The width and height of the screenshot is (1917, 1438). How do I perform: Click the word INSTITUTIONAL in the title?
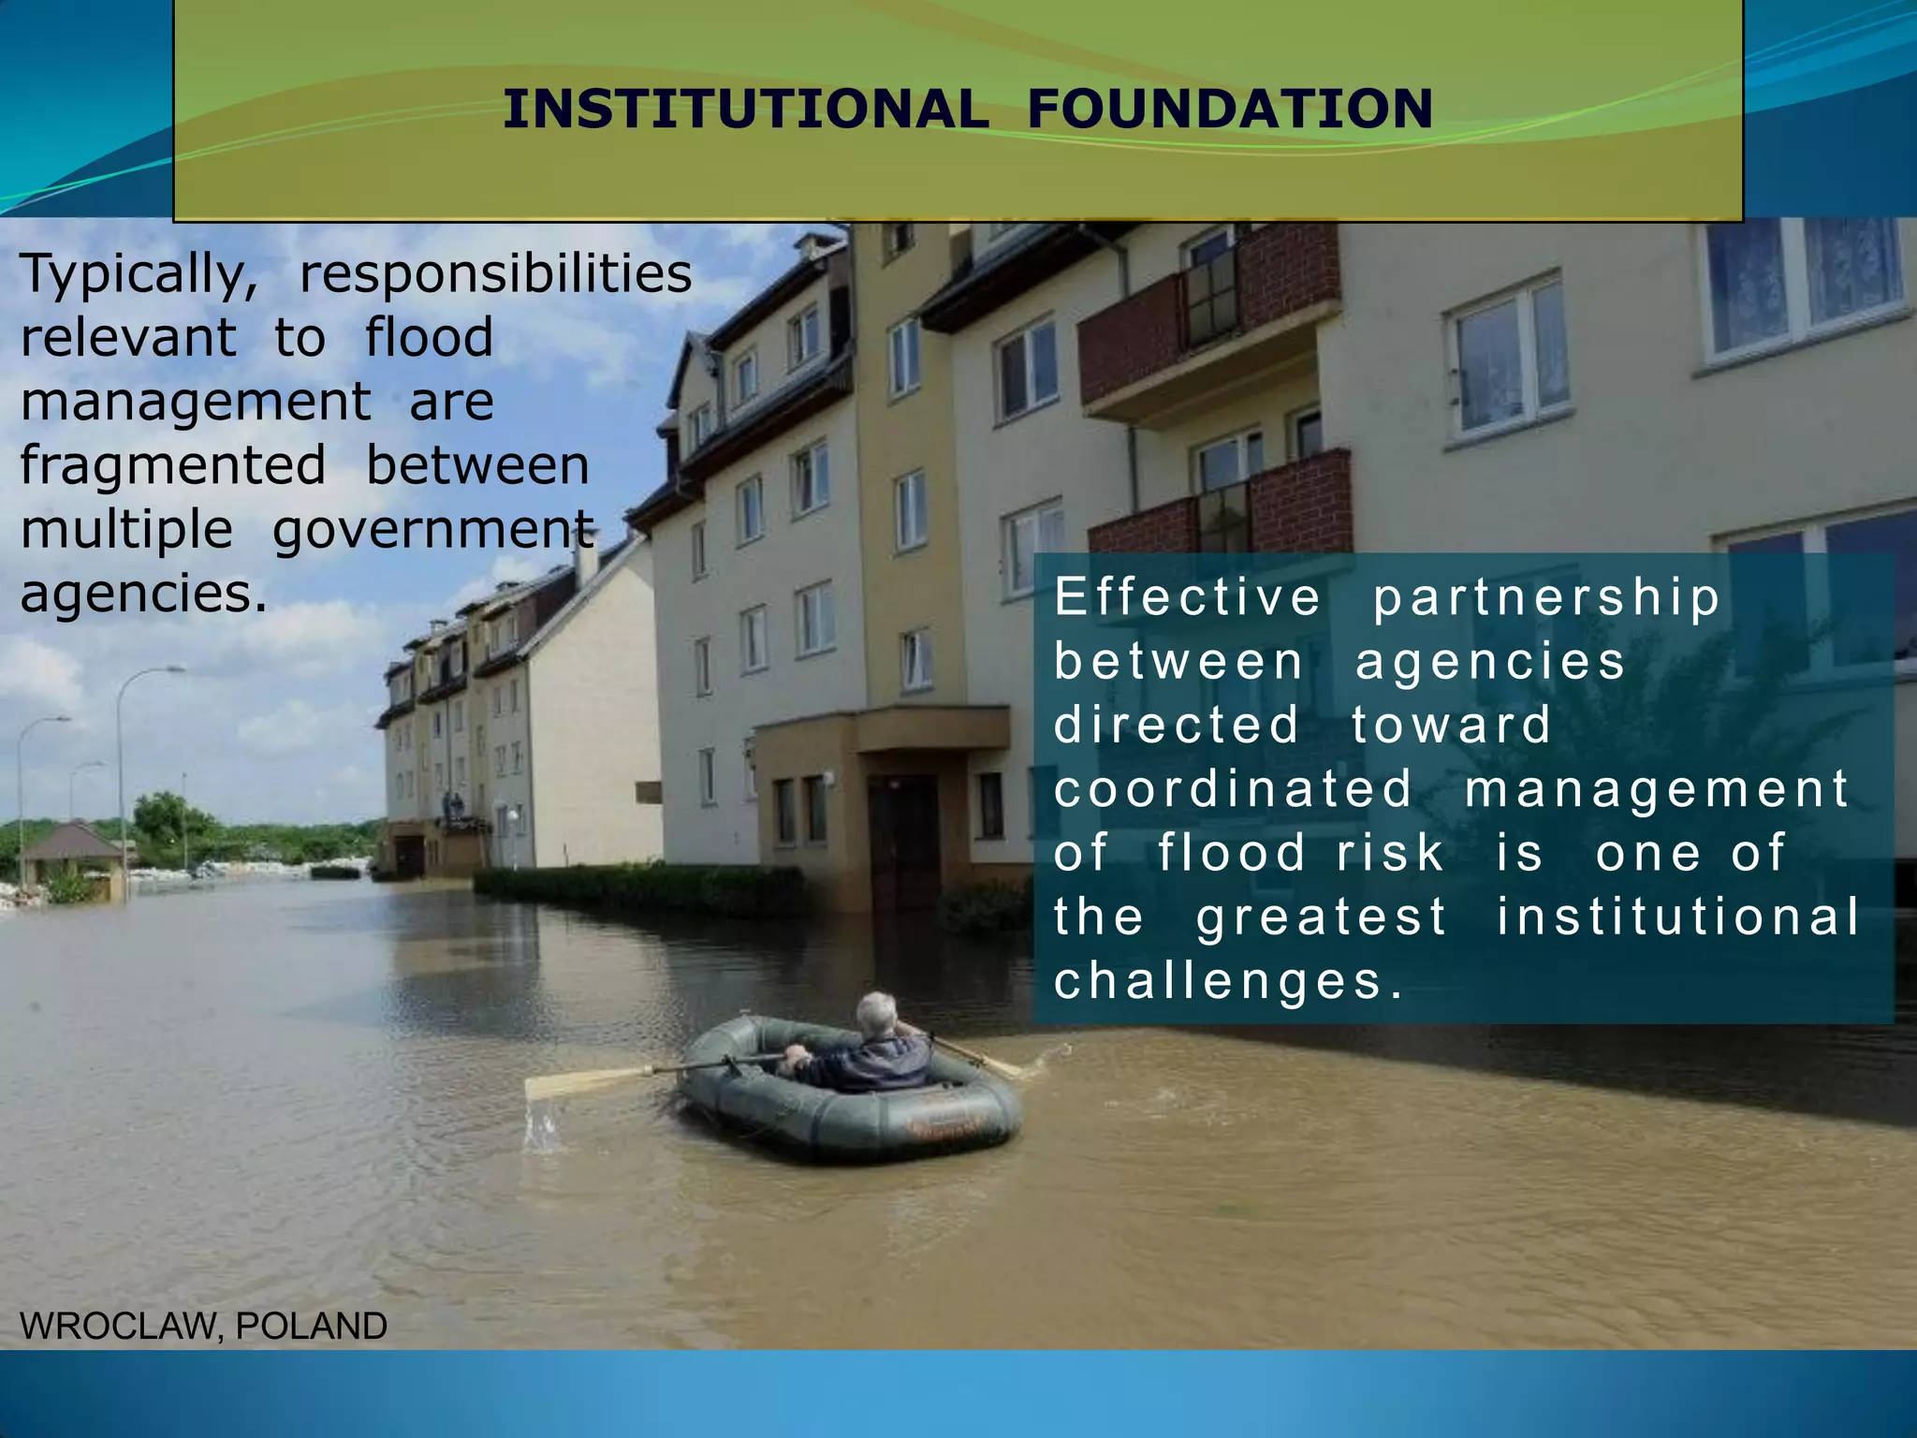745,109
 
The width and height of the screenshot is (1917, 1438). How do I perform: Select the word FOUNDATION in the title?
1230,109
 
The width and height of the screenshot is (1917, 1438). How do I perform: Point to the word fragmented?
173,466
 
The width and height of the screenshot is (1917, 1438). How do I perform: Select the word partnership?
1546,599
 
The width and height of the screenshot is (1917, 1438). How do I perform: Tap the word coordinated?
1233,788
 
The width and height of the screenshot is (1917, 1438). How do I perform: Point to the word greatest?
1322,917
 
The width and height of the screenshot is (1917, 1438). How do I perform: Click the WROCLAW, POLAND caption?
203,1327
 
